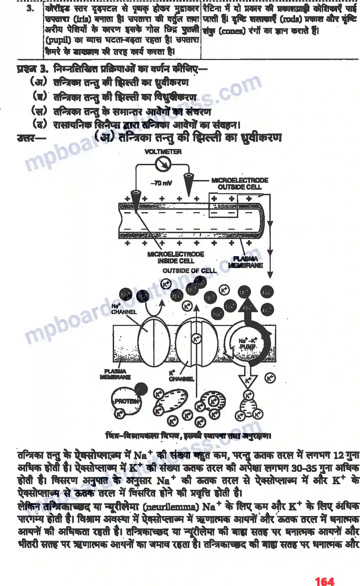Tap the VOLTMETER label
point(163,152)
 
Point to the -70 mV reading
point(161,183)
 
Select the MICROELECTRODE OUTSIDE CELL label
point(240,183)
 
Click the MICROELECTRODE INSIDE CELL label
point(176,258)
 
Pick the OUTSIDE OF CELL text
point(190,271)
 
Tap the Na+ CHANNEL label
point(123,309)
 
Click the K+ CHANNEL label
point(181,376)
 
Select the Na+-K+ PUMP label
point(248,344)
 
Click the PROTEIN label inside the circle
point(126,401)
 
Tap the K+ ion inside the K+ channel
point(196,339)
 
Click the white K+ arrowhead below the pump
point(248,381)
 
